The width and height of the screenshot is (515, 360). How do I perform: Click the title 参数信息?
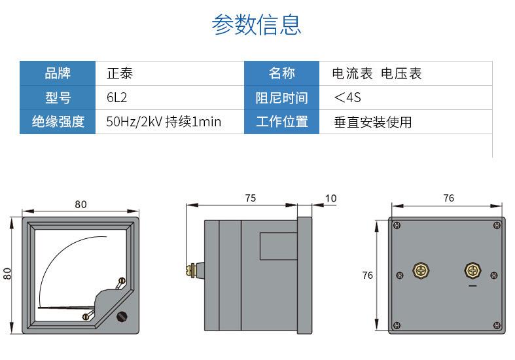tap(257, 24)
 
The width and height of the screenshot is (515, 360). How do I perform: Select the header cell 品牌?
tap(58, 73)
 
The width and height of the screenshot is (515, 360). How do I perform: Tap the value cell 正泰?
tap(120, 73)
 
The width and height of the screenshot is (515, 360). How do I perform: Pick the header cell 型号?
tap(58, 98)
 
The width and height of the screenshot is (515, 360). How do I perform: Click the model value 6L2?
tap(116, 98)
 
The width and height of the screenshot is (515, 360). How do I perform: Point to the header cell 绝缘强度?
tap(58, 122)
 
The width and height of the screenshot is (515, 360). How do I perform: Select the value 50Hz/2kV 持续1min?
tap(164, 122)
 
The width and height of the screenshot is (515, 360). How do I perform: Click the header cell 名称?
tap(282, 73)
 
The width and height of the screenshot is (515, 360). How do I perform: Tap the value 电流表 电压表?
tap(377, 73)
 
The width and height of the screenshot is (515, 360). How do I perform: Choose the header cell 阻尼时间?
tap(282, 98)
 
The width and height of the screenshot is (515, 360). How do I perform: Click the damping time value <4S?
tap(347, 98)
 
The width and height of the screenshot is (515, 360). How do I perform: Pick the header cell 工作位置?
tap(282, 122)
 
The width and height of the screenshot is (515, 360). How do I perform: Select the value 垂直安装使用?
tap(372, 122)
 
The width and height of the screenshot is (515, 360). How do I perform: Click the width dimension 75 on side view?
tap(250, 198)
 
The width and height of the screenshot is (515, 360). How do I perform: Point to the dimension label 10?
tap(330, 198)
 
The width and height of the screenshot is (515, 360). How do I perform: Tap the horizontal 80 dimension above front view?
tap(80, 204)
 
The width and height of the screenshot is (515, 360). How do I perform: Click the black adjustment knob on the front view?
tap(121, 317)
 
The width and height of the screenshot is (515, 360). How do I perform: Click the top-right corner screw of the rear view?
tap(496, 226)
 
